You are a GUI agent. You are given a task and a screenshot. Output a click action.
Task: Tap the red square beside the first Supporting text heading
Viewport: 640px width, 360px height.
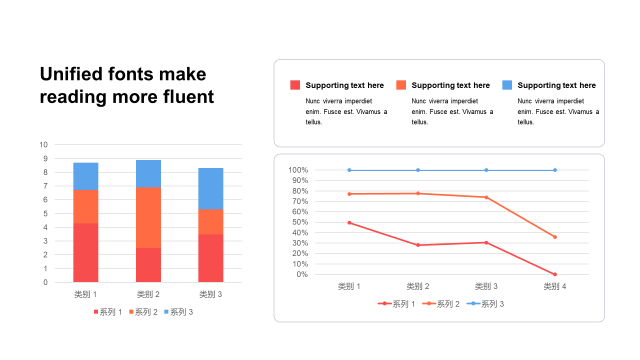coord(295,85)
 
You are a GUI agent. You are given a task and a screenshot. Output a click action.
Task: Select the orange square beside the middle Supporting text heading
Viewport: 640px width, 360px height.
coord(401,85)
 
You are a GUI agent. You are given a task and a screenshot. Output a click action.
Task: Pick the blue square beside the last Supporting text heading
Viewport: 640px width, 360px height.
coord(507,85)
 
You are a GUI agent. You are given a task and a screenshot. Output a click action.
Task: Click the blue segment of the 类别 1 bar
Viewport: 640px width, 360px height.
coord(85,176)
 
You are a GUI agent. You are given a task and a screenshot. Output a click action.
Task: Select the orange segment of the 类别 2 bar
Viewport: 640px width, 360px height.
coord(148,217)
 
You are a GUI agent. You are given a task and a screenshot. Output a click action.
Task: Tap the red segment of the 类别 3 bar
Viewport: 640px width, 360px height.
coord(210,258)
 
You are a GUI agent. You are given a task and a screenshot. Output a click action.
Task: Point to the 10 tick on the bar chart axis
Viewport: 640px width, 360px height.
coord(43,145)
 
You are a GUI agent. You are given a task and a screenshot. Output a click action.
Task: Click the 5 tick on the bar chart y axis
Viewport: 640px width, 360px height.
coord(45,213)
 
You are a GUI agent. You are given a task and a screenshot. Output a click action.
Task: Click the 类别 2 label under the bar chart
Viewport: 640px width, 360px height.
coord(148,294)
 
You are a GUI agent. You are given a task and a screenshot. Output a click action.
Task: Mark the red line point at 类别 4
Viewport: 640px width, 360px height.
coord(555,274)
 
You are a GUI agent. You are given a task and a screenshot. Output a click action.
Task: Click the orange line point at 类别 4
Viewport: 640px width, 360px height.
coord(555,237)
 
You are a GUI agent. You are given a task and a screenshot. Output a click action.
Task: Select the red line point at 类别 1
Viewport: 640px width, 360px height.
coord(349,222)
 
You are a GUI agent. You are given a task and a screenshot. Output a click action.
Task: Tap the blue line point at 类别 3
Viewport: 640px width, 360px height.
coord(486,170)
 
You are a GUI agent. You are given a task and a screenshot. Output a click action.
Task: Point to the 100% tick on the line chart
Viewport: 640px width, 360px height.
coord(298,170)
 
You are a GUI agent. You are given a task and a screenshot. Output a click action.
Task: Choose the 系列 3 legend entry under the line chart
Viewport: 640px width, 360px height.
coord(485,303)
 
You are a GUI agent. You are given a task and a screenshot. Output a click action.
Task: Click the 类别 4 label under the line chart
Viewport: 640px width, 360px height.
coord(555,286)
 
